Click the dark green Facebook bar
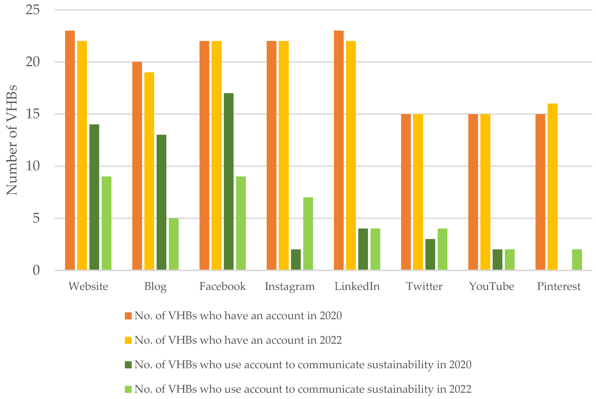228,181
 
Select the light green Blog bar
174,244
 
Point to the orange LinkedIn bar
339,150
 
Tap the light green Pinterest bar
577,259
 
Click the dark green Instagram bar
296,259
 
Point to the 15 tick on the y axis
33,114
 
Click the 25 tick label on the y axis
33,10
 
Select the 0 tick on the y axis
36,270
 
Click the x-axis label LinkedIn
357,286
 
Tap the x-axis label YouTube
491,286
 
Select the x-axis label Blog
155,286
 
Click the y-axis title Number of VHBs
12,140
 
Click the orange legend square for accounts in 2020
128,316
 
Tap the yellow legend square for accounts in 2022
128,340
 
